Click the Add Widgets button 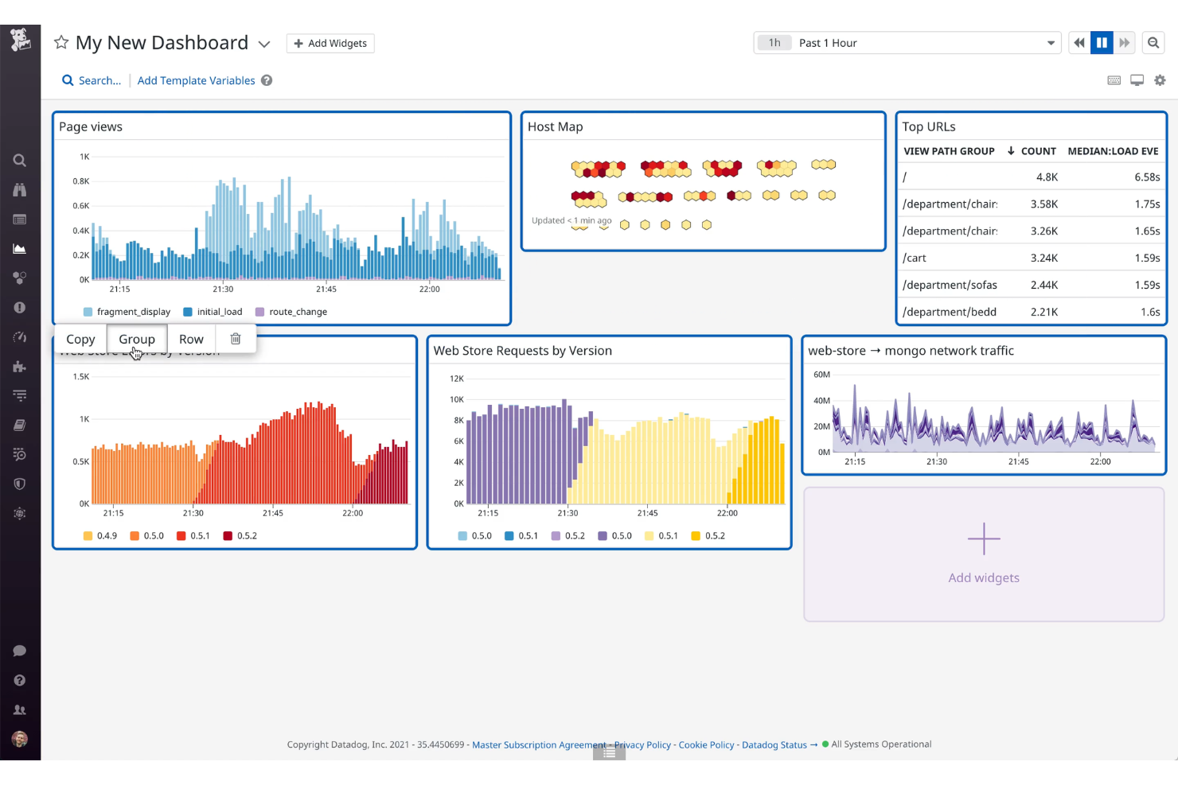pos(330,43)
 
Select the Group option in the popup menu pos(137,339)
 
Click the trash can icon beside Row pos(236,339)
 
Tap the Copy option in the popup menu pos(80,339)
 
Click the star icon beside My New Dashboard pos(61,43)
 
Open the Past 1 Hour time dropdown pos(907,43)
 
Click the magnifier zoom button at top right pos(1153,43)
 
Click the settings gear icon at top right pos(1160,80)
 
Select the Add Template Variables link pos(196,80)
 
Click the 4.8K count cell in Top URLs pos(1047,177)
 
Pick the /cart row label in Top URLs pos(915,258)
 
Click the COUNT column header pos(1038,151)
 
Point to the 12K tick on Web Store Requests pos(457,379)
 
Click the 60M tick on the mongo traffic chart pos(821,375)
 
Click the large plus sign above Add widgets pos(984,539)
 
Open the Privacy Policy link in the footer pos(643,745)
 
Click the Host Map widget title pos(555,126)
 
